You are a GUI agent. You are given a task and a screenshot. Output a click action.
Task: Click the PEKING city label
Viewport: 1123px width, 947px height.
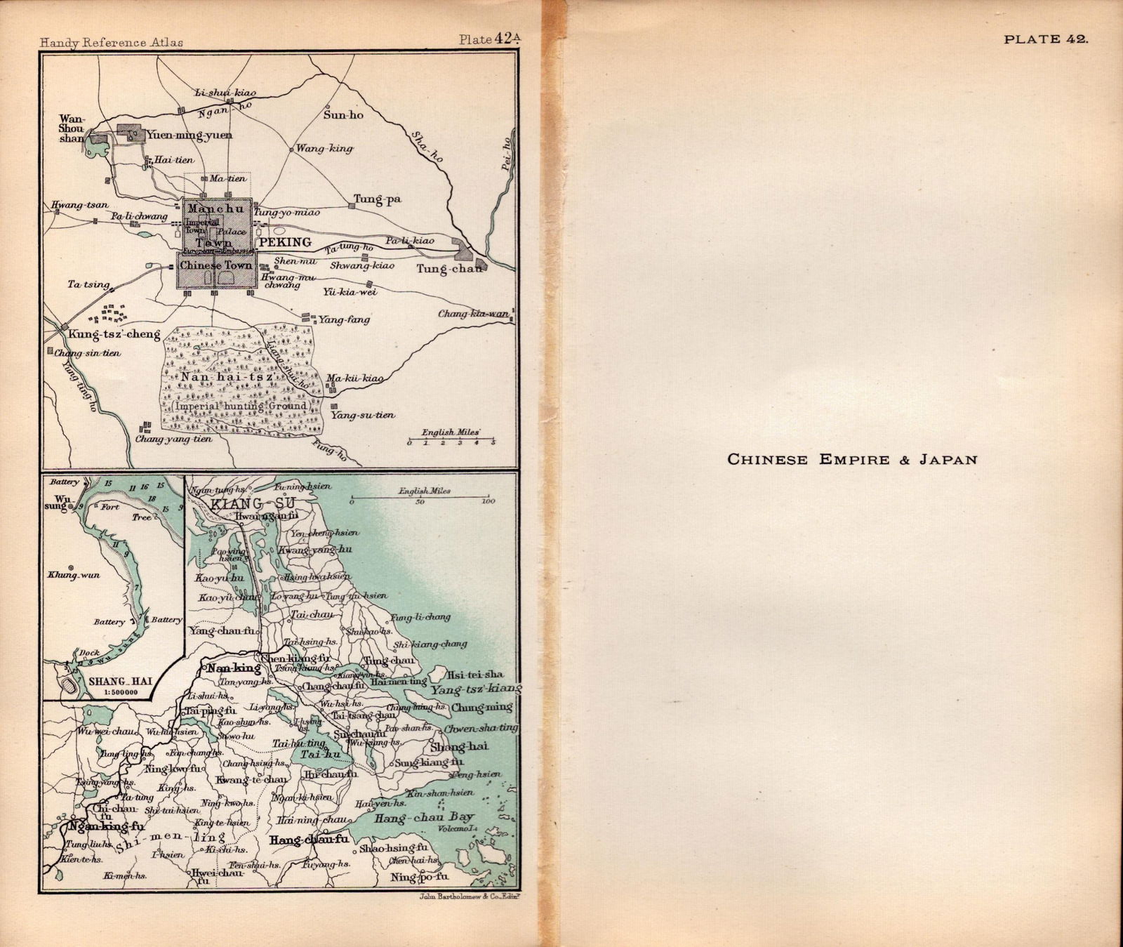[285, 242]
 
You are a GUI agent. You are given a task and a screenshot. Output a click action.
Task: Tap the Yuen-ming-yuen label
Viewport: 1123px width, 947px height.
[189, 135]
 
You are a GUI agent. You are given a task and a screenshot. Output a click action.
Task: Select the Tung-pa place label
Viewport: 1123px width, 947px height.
[377, 200]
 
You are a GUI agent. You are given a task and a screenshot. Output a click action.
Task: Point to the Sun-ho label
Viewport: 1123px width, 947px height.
[343, 114]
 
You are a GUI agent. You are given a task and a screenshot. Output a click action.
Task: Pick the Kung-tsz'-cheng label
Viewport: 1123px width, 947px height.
[114, 334]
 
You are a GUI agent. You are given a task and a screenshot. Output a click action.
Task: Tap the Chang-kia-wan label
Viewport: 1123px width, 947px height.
[474, 314]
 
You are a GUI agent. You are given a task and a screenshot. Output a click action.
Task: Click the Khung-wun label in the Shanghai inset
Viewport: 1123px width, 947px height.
[73, 575]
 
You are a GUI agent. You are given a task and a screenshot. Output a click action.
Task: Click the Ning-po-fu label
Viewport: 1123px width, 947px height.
[420, 877]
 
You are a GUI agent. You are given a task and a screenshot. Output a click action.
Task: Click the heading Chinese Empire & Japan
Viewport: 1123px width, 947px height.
[852, 460]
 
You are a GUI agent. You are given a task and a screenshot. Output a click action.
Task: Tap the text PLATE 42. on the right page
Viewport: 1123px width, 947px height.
[1046, 39]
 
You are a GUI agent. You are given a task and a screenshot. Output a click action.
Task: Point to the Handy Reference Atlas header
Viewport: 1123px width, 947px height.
[112, 42]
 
